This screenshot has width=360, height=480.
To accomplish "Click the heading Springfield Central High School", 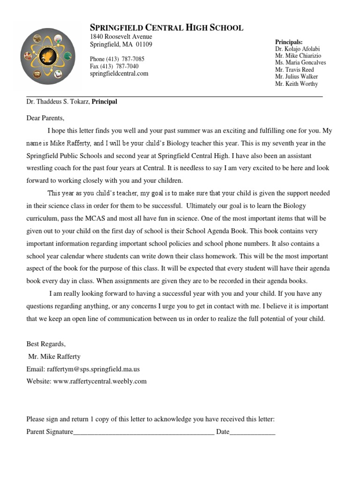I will [x=166, y=28].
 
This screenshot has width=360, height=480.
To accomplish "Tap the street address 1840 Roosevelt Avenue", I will [x=121, y=37].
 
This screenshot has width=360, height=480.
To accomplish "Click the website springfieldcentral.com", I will [x=119, y=74].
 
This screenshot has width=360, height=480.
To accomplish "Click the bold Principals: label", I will [x=289, y=42].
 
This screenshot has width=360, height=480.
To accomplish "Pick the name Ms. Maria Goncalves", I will [x=300, y=63].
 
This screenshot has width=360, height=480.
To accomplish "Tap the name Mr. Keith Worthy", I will [x=296, y=84].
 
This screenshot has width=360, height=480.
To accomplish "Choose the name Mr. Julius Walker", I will [x=296, y=77].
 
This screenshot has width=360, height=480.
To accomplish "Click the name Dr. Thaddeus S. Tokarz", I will [x=58, y=102].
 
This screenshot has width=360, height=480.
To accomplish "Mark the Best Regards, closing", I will [x=46, y=344].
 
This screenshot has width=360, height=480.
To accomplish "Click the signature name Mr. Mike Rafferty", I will [x=55, y=357].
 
